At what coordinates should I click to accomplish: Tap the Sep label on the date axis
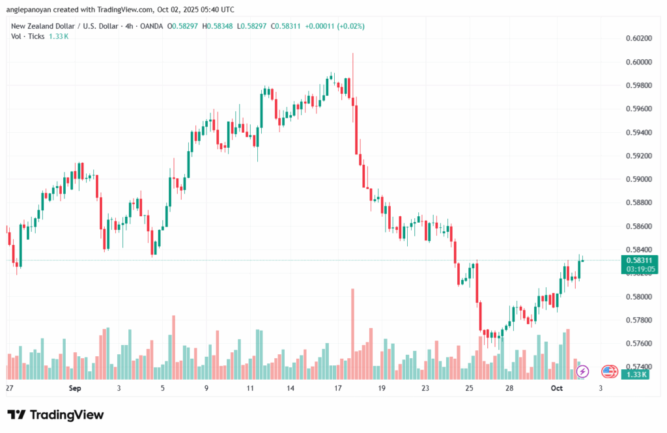click(74, 388)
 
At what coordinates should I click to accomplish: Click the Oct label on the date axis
click(556, 388)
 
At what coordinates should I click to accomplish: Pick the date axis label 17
click(337, 388)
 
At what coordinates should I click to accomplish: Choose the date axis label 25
click(469, 388)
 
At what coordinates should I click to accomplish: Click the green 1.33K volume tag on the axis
click(635, 374)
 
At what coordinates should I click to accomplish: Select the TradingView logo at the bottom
click(55, 415)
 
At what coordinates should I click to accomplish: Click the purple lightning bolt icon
click(583, 371)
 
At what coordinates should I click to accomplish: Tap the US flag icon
click(609, 371)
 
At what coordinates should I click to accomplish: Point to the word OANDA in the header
click(149, 26)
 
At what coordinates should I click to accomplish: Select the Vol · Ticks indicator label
click(28, 36)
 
